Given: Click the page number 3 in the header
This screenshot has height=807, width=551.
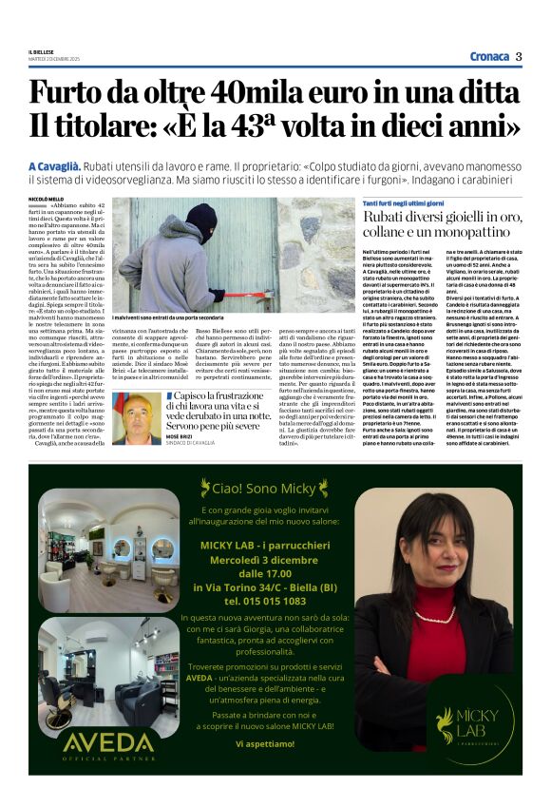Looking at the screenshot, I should [520, 56].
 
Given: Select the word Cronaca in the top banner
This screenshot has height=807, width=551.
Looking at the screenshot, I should [488, 56].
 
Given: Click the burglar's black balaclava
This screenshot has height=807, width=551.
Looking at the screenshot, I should [200, 222].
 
